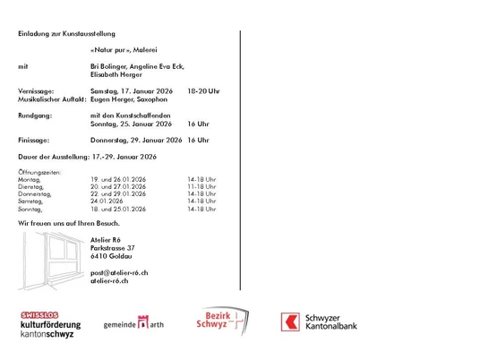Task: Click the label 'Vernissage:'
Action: pyautogui.click(x=36, y=92)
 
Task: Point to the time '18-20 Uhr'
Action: pyautogui.click(x=203, y=92)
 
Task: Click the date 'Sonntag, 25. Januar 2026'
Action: pyautogui.click(x=131, y=124)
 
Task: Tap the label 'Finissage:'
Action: pyautogui.click(x=34, y=141)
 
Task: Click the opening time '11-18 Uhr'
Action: pyautogui.click(x=201, y=186)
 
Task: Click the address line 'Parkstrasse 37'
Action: pyautogui.click(x=113, y=247)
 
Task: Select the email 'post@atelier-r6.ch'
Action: pyautogui.click(x=119, y=271)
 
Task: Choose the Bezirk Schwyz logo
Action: pyautogui.click(x=217, y=322)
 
